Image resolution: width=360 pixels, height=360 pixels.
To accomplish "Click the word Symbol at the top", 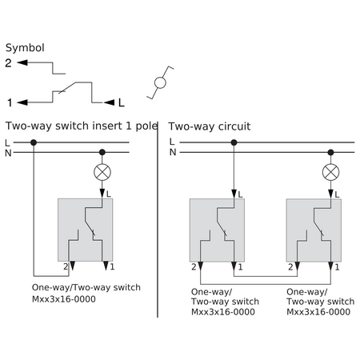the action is pos(25,48).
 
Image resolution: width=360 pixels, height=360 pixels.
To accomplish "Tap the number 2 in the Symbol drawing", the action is pos(8,63).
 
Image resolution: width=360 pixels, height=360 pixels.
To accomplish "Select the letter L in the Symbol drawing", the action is pos(122,102).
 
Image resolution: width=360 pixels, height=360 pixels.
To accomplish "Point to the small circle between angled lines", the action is pos(160,82).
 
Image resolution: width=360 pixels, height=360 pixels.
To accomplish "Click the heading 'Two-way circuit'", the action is pos(210,126).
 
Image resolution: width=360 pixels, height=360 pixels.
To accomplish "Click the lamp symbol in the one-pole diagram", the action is pos(102,172).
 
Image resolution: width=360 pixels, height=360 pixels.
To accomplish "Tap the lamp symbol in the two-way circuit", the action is pos(330,172).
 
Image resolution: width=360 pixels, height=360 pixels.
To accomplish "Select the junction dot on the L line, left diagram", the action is pos(34,142).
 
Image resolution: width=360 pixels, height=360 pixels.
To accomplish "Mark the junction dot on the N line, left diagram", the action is pos(102,153).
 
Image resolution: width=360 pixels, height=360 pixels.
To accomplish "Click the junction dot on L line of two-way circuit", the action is pos(234,142).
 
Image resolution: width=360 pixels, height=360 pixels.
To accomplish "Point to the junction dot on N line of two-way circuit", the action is pos(330,153).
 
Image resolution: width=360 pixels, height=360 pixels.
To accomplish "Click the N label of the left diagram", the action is pos(8,154).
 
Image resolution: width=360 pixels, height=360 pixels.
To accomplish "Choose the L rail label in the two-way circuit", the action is pos(172,142).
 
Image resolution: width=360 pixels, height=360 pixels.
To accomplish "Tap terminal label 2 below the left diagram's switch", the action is pos(66,266).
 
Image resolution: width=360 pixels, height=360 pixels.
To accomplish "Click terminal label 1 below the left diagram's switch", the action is pos(112,266).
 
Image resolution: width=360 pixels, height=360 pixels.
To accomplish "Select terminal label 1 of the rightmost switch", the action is pos(337,267).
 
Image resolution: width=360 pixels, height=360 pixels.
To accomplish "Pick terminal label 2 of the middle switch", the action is pos(290,267).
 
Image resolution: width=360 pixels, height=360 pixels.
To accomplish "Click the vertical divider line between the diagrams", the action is pos(158,219).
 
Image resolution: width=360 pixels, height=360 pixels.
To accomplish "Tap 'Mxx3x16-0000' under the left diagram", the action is pos(64,299).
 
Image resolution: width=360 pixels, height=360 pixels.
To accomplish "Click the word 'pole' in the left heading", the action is pos(146,126).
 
